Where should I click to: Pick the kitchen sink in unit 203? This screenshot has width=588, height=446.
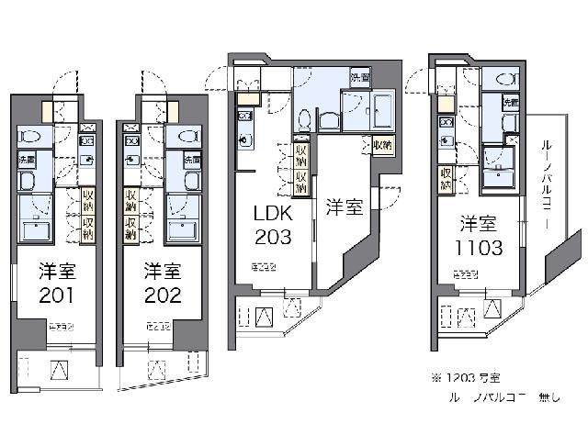pos(243,140)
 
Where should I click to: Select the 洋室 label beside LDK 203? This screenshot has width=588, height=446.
pos(344,207)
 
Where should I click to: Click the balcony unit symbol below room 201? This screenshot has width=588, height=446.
pos(62,369)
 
